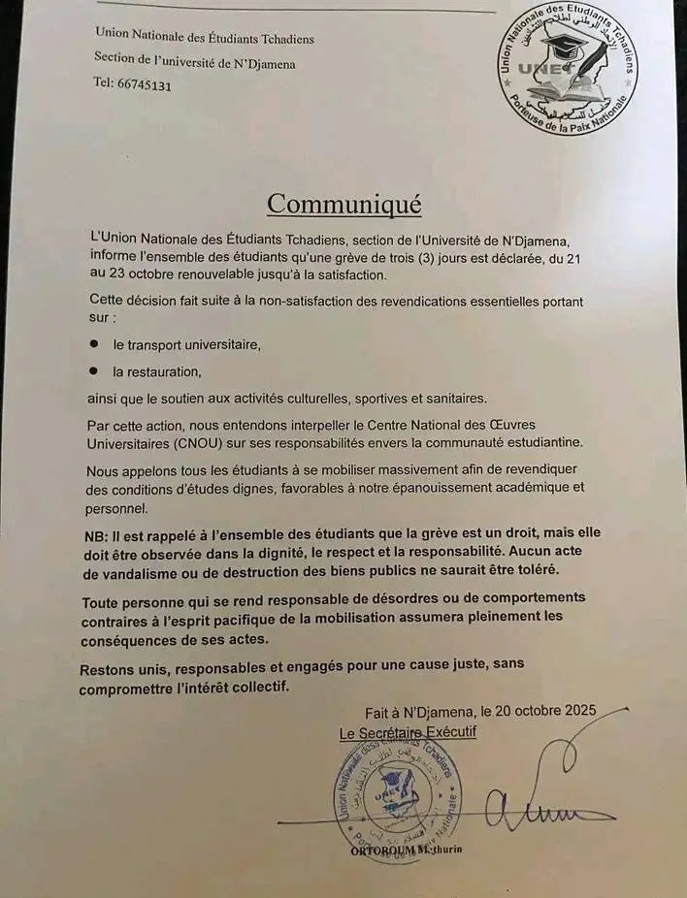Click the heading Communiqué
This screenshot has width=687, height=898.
click(343, 205)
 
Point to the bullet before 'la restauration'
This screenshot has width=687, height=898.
click(94, 370)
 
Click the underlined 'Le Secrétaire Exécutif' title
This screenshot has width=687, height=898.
click(408, 733)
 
